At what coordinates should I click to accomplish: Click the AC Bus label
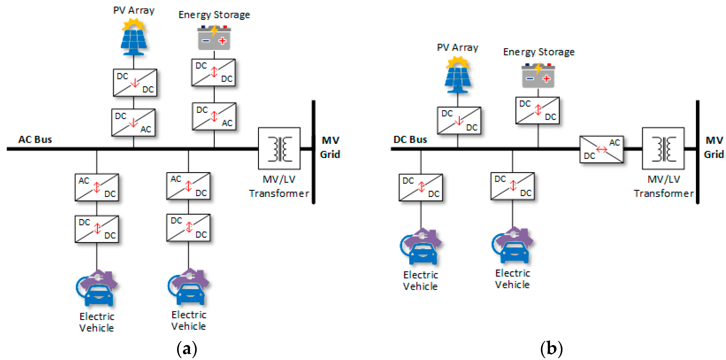(35, 139)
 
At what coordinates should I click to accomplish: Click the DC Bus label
(410, 139)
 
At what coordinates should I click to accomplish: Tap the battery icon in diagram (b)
(538, 76)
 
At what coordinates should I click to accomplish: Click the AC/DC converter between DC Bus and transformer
(601, 149)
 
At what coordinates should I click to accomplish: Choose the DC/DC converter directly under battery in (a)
(213, 72)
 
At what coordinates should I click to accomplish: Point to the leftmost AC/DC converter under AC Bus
(97, 187)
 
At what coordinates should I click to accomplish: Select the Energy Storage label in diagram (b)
(539, 52)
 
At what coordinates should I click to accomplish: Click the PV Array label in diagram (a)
(134, 10)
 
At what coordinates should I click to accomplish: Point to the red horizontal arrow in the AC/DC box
(601, 149)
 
